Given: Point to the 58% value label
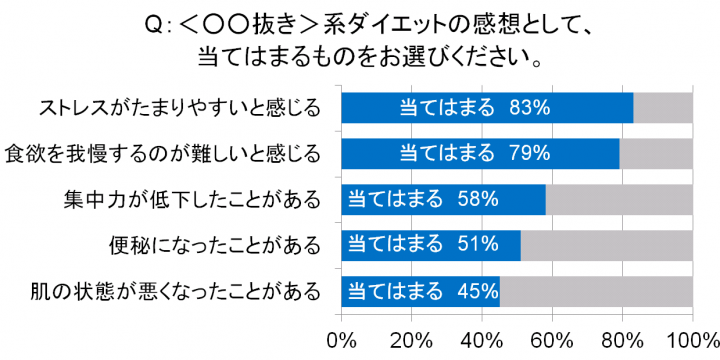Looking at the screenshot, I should pos(477,199).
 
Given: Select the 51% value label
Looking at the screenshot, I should pos(477,244).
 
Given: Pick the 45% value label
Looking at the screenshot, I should pos(477,291).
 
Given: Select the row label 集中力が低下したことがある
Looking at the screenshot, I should pos(192,199).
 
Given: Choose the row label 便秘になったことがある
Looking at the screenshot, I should pos(215,244).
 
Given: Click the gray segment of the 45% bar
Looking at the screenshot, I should pos(596,291).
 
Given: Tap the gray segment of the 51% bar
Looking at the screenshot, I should pos(606,244).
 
